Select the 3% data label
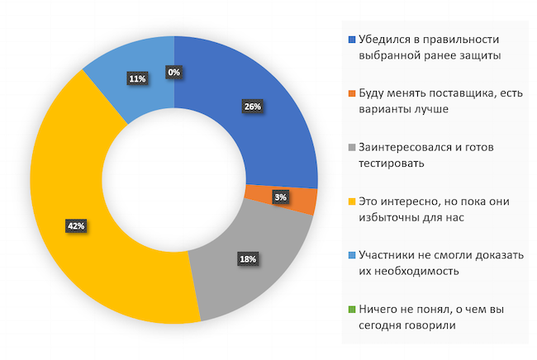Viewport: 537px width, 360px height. pos(281,197)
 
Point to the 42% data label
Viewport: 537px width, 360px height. pos(76,225)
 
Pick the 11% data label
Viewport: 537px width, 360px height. pos(137,78)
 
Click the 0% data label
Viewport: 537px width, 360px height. pos(174,72)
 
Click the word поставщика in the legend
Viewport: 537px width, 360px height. pos(451,93)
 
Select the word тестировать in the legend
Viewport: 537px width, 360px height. pos(391,163)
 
